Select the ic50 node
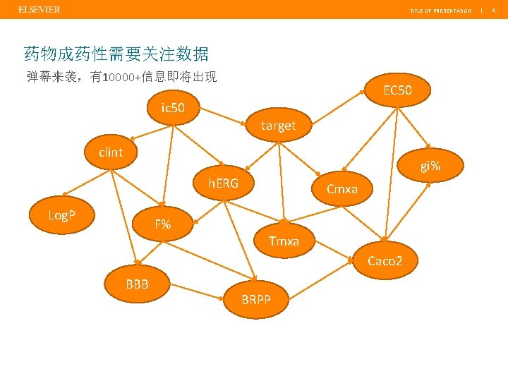[x=173, y=108]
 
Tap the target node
[x=278, y=126]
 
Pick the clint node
[x=111, y=152]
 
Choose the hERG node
[x=223, y=183]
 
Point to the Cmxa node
[x=342, y=188]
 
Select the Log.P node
[x=62, y=214]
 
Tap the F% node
[x=163, y=224]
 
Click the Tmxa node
[x=284, y=241]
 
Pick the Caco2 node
[x=385, y=260]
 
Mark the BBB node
[x=137, y=284]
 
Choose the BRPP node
[x=255, y=298]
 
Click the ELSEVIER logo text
[x=40, y=9]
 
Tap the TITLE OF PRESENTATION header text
[x=441, y=11]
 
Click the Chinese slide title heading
[x=116, y=54]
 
